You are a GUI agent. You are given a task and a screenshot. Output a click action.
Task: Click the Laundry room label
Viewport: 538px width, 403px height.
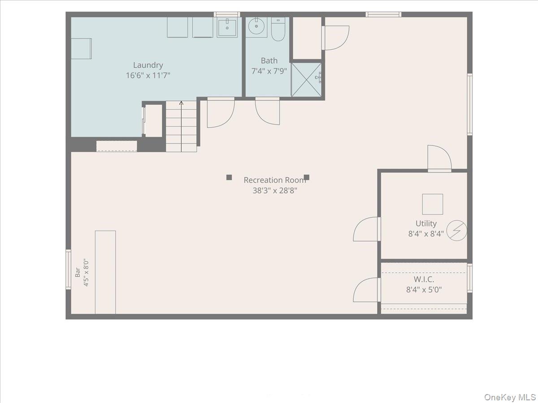pos(148,65)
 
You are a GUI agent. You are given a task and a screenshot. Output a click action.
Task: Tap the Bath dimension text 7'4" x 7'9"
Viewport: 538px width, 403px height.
pos(269,71)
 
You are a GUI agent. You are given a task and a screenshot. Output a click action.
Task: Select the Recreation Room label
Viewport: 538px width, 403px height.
pos(275,180)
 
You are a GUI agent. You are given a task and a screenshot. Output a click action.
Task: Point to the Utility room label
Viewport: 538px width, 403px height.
pos(426,223)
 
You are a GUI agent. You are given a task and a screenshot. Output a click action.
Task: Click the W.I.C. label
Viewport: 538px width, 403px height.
pos(424,279)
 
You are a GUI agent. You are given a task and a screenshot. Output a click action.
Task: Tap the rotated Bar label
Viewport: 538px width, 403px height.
pos(78,272)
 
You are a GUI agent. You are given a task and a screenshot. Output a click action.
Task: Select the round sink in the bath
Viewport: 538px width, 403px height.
pos(256,26)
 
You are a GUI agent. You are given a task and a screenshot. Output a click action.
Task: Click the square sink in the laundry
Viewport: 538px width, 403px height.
pos(227,28)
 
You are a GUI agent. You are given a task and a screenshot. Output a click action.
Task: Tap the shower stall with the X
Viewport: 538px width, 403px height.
pos(306,80)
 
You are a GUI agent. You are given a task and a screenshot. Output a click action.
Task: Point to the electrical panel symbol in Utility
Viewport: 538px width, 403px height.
pos(456,231)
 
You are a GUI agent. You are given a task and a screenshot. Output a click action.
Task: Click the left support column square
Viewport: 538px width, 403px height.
pos(229,177)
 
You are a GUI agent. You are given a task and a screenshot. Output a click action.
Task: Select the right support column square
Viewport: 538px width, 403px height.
pos(306,177)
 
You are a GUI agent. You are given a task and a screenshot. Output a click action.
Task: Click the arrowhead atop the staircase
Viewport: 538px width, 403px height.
pos(181,103)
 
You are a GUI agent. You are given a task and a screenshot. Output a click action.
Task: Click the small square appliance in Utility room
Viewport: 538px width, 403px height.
pos(432,204)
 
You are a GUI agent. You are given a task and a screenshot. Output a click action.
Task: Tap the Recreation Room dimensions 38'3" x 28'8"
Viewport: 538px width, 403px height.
pos(275,190)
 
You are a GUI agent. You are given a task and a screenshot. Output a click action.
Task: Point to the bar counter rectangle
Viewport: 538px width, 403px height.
pos(105,272)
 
